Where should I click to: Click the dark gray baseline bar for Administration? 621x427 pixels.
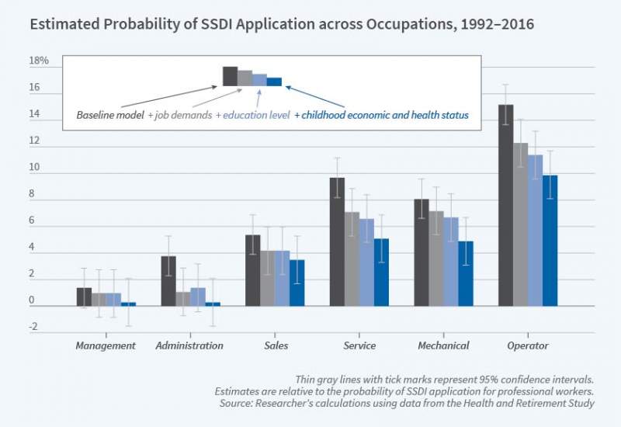coord(168,280)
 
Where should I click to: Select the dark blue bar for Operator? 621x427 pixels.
coord(550,240)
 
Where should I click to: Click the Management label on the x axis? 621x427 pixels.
coord(106,345)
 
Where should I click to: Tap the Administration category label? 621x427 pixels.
coord(189,345)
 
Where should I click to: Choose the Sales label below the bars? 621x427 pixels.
coord(275,345)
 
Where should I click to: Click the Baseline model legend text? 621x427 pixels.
coord(110,115)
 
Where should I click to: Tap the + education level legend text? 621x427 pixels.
coord(252,115)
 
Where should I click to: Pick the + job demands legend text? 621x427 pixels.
coord(179,115)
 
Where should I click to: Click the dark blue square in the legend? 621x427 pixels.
coord(274,81)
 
